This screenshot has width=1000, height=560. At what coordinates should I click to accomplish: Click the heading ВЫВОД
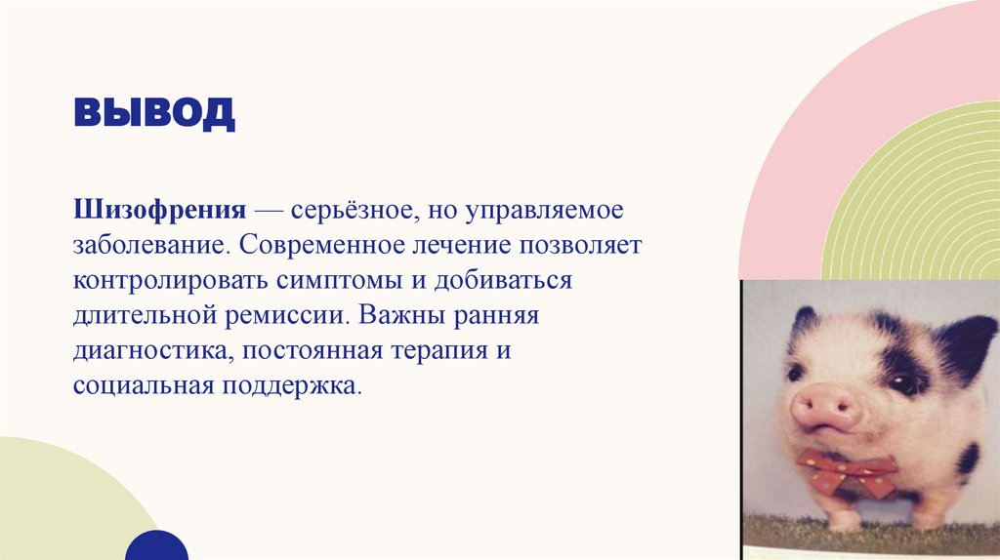[153, 112]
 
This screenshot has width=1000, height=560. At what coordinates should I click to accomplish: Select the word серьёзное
[359, 211]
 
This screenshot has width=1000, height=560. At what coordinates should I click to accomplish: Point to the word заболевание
[147, 246]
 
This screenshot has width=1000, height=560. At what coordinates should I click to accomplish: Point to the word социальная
[142, 386]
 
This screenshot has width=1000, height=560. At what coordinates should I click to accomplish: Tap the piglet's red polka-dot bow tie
[846, 473]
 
